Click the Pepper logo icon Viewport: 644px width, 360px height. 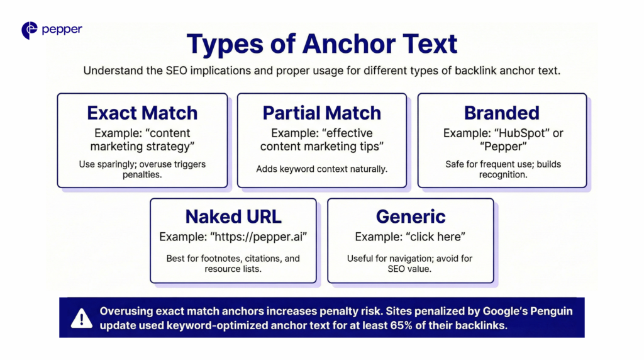click(30, 30)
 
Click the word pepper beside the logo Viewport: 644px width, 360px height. click(62, 30)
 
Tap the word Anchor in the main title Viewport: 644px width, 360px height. click(348, 43)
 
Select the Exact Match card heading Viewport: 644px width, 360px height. click(142, 113)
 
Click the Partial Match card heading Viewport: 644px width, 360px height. click(321, 113)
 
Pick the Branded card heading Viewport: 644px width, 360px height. click(501, 113)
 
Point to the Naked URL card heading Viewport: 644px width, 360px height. click(233, 217)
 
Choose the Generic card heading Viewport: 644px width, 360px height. click(411, 217)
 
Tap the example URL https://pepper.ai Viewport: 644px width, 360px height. click(258, 237)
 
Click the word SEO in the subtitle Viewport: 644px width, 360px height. click(177, 70)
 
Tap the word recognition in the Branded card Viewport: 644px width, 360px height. click(502, 175)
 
